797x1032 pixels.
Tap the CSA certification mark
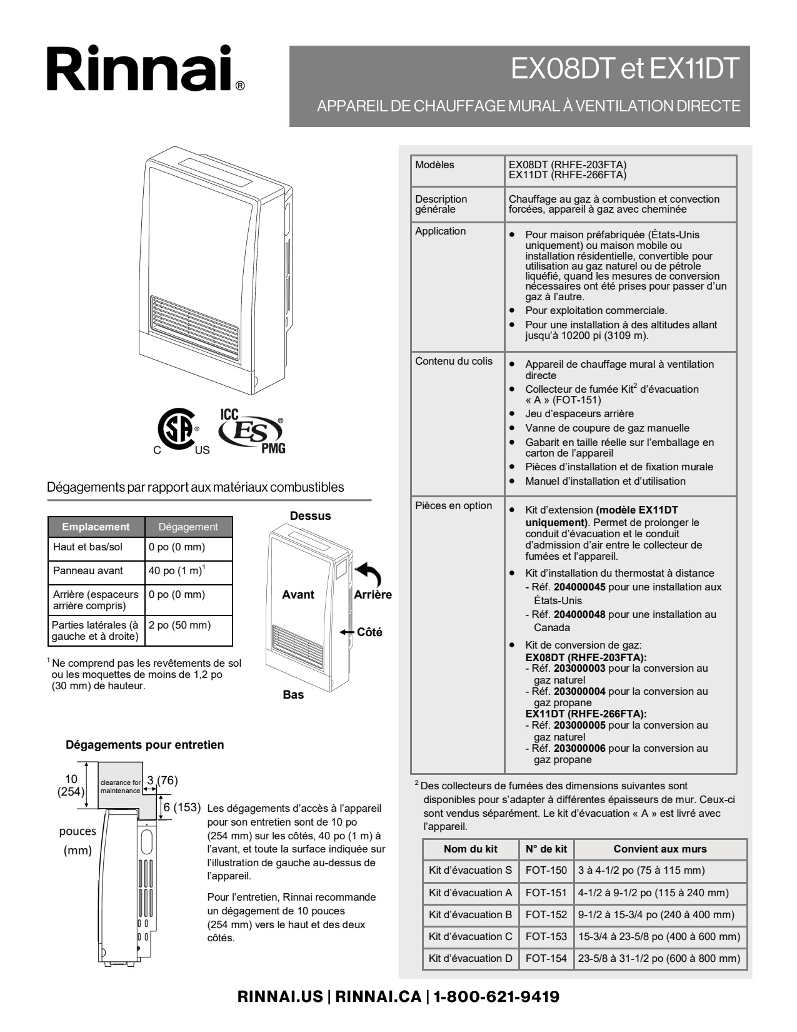[177, 430]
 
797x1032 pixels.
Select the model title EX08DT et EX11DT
[624, 69]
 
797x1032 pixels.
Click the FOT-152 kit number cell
[546, 914]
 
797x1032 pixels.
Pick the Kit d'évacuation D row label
[470, 958]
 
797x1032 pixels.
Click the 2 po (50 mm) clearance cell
[180, 625]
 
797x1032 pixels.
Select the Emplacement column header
[96, 527]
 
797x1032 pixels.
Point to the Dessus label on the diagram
[310, 516]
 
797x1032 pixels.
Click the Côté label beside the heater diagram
[369, 632]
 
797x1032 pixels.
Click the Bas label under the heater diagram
[293, 695]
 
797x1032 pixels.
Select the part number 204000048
[579, 614]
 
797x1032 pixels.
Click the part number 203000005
[579, 725]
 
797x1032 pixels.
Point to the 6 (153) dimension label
[182, 807]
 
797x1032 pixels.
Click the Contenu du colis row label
[454, 361]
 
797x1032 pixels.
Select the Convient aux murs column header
[659, 849]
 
